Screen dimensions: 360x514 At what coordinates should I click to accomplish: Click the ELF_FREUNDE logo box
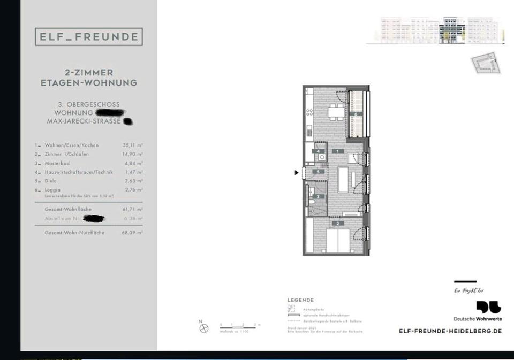point(89,37)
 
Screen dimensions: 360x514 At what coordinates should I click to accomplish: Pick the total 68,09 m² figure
point(132,233)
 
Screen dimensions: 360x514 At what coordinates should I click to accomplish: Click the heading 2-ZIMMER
point(89,72)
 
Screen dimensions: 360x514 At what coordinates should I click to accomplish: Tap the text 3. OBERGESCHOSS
point(89,104)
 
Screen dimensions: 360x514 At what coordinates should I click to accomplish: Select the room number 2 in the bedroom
point(338,223)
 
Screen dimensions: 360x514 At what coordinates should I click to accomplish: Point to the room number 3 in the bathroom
point(319,197)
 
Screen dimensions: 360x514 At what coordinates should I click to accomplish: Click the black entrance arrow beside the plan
point(297,172)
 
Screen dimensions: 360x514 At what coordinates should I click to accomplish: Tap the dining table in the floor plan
point(336,112)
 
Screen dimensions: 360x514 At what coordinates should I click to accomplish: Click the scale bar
point(239,325)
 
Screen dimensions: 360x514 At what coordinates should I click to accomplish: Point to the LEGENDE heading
point(301,300)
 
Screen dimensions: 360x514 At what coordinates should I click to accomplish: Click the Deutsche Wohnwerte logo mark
point(489,307)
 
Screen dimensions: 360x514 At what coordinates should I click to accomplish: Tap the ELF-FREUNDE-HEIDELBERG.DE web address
point(450,331)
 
